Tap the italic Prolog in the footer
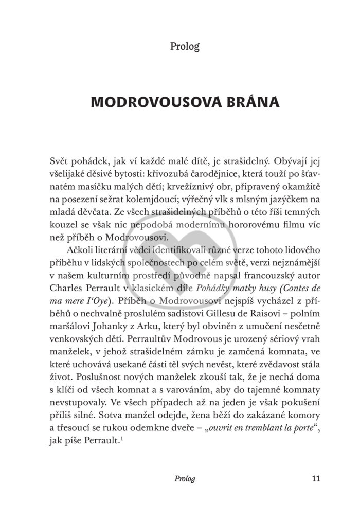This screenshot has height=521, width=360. point(185,479)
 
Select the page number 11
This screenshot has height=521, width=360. point(316,479)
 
